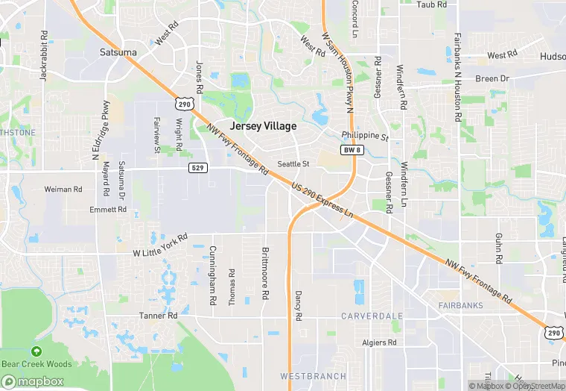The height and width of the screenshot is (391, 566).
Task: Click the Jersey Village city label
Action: (x=263, y=126)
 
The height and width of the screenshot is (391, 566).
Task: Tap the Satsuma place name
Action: (x=118, y=52)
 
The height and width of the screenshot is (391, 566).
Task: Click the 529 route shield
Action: (x=197, y=168)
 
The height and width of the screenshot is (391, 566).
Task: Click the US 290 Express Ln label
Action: (x=322, y=201)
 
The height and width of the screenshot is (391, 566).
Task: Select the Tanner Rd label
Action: (x=158, y=316)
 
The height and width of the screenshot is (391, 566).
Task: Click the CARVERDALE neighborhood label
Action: (x=372, y=316)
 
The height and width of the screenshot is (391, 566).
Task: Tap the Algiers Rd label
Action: (x=380, y=342)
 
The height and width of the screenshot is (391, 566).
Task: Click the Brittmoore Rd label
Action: (x=264, y=273)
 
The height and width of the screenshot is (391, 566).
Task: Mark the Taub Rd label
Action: (x=431, y=4)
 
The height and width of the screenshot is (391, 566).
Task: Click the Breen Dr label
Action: (x=492, y=78)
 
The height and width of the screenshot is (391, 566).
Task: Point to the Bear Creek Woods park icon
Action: (x=36, y=351)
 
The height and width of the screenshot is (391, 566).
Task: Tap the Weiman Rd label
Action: (x=63, y=190)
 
